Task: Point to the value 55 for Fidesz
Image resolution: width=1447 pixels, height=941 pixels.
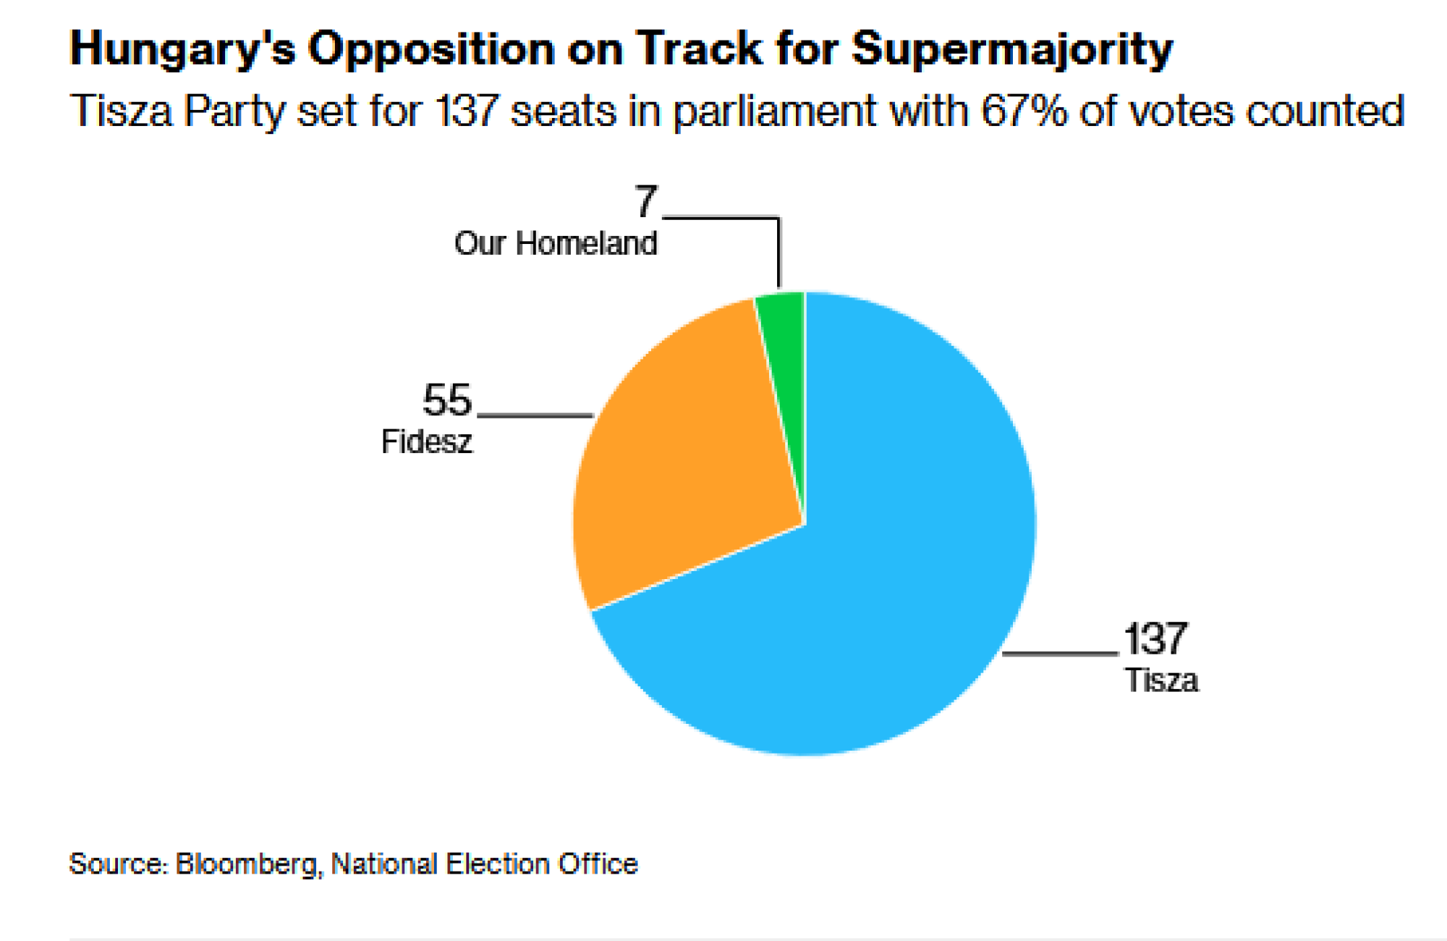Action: pos(447,400)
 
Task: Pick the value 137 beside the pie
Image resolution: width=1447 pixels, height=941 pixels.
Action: pos(1155,639)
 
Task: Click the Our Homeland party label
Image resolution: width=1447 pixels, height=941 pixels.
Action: pos(556,243)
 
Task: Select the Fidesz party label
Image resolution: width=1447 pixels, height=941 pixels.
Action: pos(427,442)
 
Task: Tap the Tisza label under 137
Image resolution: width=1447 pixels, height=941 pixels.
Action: pos(1161,680)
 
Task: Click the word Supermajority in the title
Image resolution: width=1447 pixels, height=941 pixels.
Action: pos(1011,49)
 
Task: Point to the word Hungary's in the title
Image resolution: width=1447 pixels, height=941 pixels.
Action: pos(182,49)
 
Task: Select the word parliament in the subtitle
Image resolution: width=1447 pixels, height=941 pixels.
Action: pos(774,111)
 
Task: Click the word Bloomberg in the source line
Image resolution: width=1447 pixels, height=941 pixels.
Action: pos(246,864)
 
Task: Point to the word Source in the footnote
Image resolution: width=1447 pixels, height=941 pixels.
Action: pos(117,864)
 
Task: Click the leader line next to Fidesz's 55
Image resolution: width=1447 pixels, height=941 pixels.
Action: pos(535,415)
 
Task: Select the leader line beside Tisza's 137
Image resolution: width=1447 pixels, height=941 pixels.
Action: pos(1061,654)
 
